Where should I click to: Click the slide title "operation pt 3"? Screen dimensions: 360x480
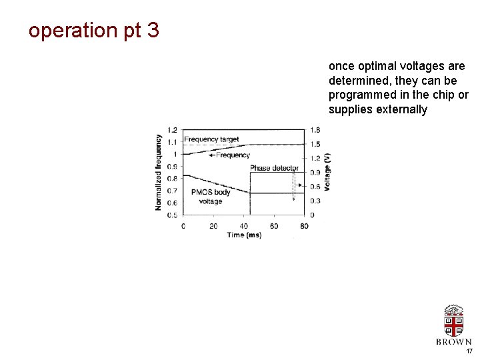94,31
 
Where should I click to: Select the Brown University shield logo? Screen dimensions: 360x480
454,321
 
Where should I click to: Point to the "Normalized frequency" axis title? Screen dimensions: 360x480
159,172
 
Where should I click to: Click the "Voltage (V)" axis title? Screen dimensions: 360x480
327,172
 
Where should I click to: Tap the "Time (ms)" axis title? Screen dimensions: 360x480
244,235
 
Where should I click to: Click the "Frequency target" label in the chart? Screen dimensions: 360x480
211,139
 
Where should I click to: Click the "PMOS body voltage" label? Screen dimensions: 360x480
210,197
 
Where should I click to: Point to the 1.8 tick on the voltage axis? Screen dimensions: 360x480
315,130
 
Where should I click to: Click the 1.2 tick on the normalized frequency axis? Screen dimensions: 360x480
172,130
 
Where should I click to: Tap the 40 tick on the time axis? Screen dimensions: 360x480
243,226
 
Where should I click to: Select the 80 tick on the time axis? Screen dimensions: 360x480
304,226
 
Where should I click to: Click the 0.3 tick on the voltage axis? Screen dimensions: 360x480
315,201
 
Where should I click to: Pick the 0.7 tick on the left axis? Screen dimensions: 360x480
172,191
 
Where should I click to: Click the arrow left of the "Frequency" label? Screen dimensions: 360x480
213,155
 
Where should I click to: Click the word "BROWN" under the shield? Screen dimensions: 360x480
454,342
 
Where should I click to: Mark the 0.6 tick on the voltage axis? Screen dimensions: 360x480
315,187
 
